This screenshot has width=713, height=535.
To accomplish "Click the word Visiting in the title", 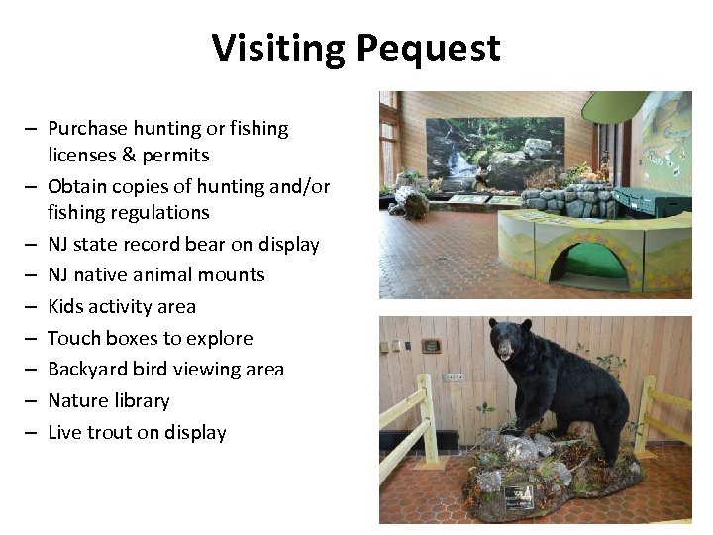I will coord(278,48).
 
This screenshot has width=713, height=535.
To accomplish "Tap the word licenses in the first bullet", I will coord(79,155).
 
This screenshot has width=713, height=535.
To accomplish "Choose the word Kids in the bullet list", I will coord(66,306).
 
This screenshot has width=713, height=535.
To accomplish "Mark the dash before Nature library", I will coord(33,401).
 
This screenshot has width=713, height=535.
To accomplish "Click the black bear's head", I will coord(510,343).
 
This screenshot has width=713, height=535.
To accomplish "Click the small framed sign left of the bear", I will coord(431,346).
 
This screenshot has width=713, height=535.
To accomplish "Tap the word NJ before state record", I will coord(59,244).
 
